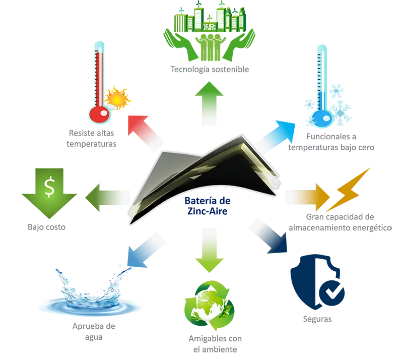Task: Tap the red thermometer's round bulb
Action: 99,114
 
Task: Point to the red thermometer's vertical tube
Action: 99,76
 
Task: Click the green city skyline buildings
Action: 208,21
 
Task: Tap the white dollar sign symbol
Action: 49,187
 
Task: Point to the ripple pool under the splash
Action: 91,305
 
